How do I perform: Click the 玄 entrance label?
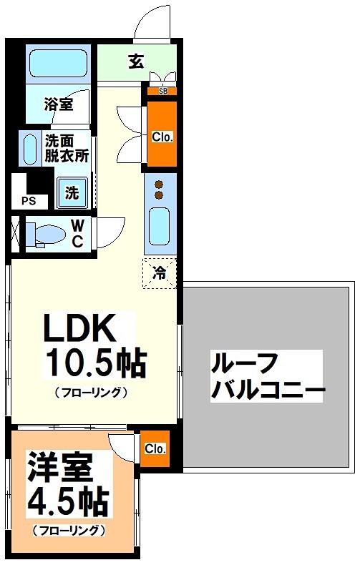coord(136,62)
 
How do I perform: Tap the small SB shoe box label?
coord(162,91)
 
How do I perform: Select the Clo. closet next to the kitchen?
coord(162,135)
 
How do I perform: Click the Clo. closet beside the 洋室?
coord(155,449)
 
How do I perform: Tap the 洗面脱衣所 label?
coord(67,149)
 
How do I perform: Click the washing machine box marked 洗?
coord(72,192)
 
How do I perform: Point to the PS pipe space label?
coord(29,201)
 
